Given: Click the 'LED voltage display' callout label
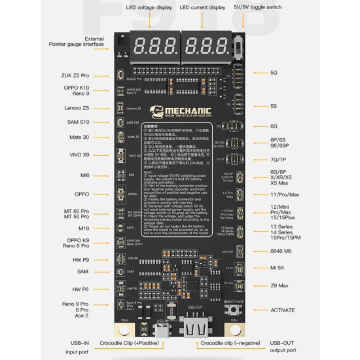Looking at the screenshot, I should pyautogui.click(x=150, y=7).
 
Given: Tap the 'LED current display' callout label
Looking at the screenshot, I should pyautogui.click(x=204, y=7).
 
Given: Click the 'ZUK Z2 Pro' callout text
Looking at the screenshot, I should pyautogui.click(x=84, y=75).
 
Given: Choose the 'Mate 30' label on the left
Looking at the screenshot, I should pyautogui.click(x=88, y=137).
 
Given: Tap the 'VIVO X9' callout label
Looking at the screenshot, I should pyautogui.click(x=86, y=154).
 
